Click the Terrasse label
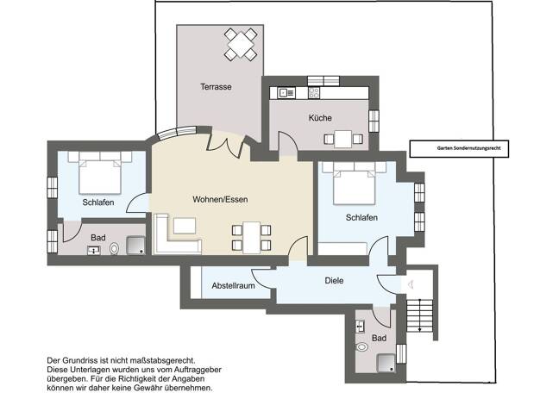[x=216, y=87]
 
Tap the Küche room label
[x=320, y=118]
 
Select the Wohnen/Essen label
[x=220, y=199]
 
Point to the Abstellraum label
[x=233, y=285]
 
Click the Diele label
[x=334, y=280]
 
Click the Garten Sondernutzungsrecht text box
[x=459, y=149]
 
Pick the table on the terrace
[x=241, y=45]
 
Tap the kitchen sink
[x=287, y=92]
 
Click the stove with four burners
[x=314, y=92]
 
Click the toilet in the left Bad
[x=114, y=248]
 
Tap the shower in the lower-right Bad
[x=386, y=364]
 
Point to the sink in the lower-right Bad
[x=361, y=326]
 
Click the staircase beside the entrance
[x=419, y=315]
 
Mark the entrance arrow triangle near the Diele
[x=410, y=284]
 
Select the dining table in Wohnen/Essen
[x=252, y=238]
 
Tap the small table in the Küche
[x=343, y=139]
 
